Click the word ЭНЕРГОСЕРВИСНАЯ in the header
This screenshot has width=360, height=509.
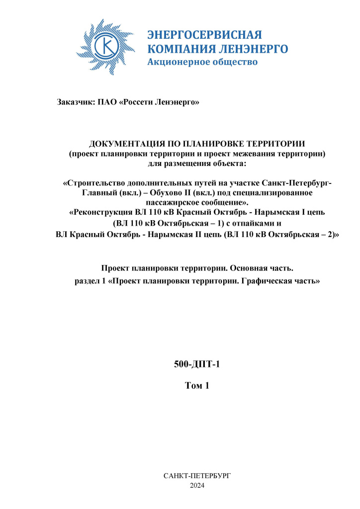pyautogui.click(x=204, y=35)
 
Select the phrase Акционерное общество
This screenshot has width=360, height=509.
pyautogui.click(x=202, y=62)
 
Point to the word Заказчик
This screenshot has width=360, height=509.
pyautogui.click(x=75, y=102)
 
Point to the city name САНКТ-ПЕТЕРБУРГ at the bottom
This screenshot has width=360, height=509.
pyautogui.click(x=197, y=476)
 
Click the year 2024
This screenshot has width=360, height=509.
pyautogui.click(x=197, y=485)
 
